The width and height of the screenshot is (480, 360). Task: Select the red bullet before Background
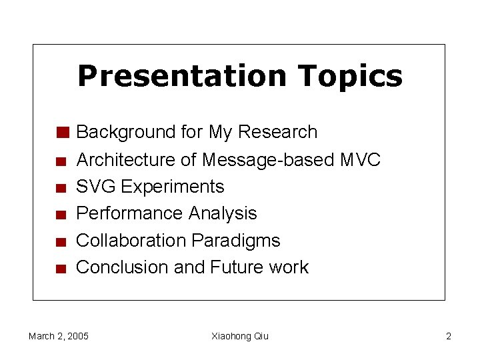[63, 132]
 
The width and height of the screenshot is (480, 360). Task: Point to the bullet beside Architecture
[61, 161]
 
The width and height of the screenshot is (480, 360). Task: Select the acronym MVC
[360, 160]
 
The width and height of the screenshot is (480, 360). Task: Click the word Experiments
[173, 187]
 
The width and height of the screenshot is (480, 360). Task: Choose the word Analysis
[223, 213]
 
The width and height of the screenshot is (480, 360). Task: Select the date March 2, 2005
[59, 336]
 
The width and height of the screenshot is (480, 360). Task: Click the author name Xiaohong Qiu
[240, 336]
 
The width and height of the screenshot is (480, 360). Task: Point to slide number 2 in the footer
[448, 336]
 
